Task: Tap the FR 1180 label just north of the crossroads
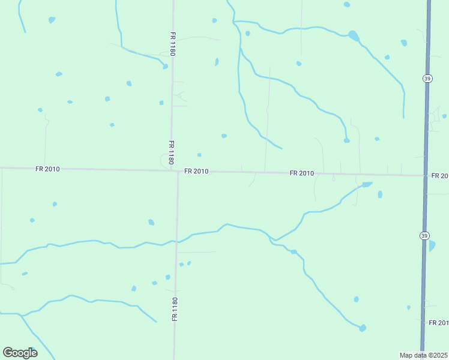(x=171, y=152)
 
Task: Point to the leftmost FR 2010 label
(x=47, y=169)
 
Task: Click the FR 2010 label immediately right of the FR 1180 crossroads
(x=196, y=171)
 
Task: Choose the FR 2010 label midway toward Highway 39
(x=301, y=173)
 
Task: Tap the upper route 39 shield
(x=427, y=78)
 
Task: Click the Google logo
(x=20, y=352)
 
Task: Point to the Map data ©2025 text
(x=423, y=355)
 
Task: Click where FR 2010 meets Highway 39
(x=425, y=176)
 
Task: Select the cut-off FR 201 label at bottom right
(x=438, y=323)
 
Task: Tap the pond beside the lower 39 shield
(x=432, y=245)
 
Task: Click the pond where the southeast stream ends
(x=363, y=328)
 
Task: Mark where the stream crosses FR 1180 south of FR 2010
(x=176, y=242)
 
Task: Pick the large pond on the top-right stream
(x=354, y=35)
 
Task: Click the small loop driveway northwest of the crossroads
(x=164, y=161)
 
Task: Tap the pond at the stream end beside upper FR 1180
(x=165, y=66)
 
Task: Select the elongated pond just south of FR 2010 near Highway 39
(x=367, y=184)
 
